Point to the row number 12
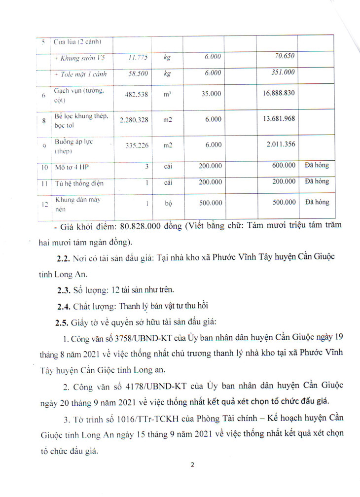[44, 205]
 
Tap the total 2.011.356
[280, 144]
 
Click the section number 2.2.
[65, 259]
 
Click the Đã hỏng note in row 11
[316, 182]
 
